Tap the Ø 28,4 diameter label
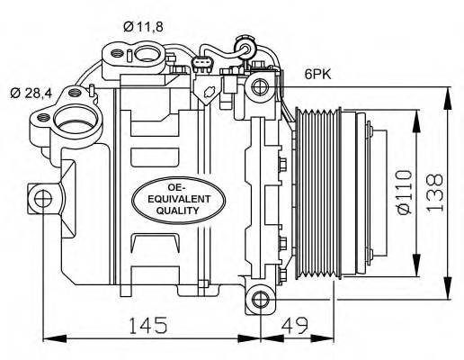click(x=33, y=92)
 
